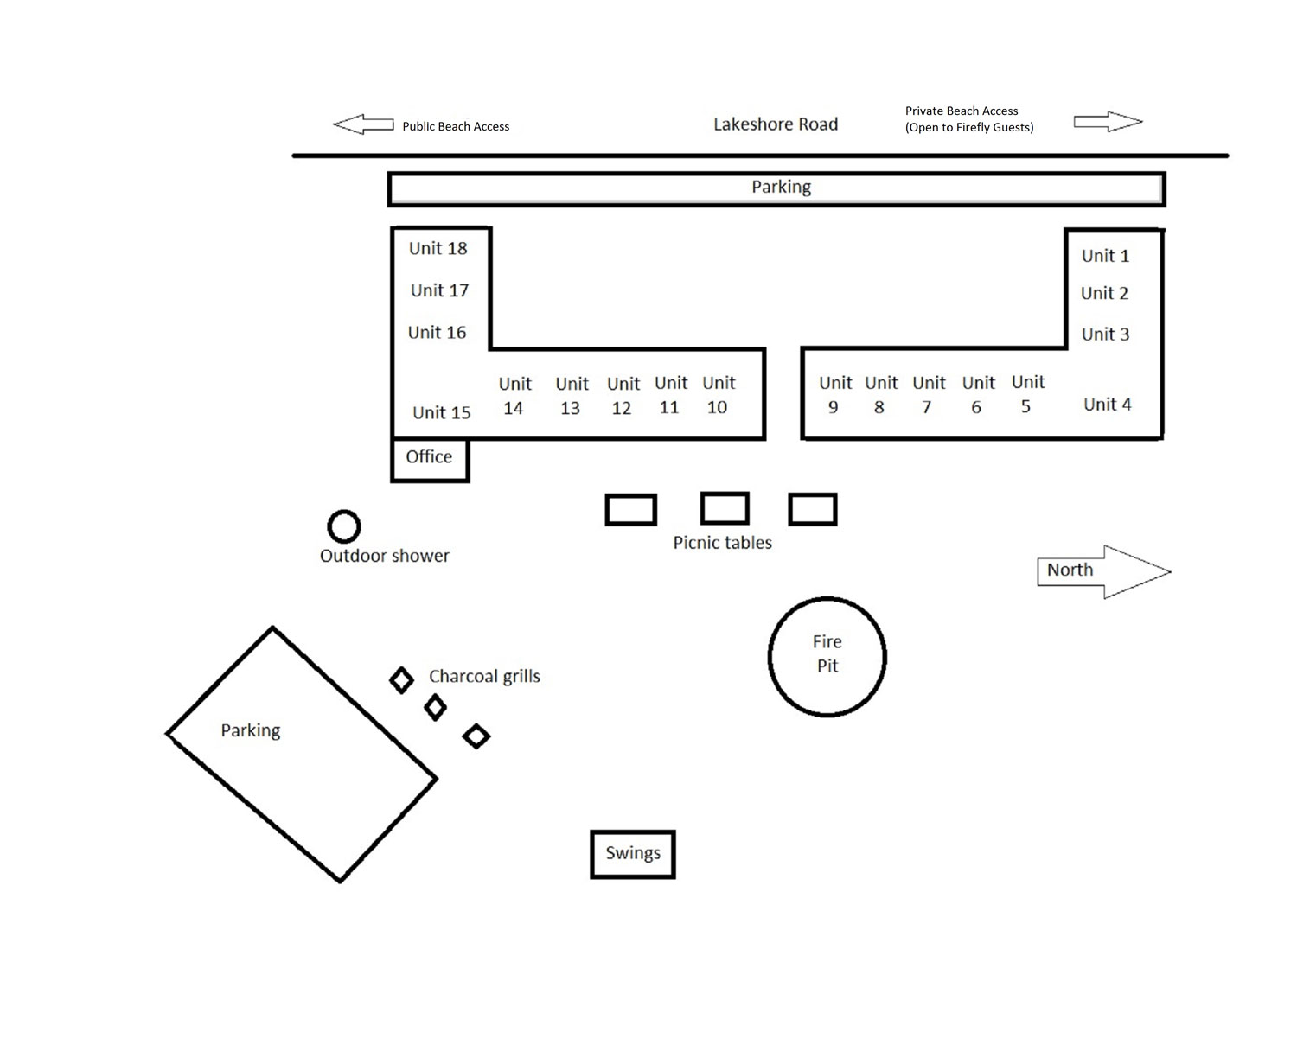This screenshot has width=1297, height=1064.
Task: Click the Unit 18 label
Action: pyautogui.click(x=438, y=248)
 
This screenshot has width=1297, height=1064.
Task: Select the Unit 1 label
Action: pyautogui.click(x=1105, y=256)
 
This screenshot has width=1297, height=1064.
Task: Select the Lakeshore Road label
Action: pyautogui.click(x=776, y=124)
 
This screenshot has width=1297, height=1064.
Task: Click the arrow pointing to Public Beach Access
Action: pyautogui.click(x=363, y=124)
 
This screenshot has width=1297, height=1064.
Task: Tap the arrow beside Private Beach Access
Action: pyautogui.click(x=1108, y=122)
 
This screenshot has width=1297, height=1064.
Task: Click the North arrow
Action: pyautogui.click(x=1104, y=571)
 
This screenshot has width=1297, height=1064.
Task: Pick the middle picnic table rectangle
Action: pyautogui.click(x=725, y=494)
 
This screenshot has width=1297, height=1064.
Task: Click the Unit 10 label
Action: pyautogui.click(x=719, y=395)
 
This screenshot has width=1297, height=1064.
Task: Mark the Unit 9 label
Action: pyautogui.click(x=835, y=395)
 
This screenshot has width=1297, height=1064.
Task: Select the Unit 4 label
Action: pyautogui.click(x=1107, y=405)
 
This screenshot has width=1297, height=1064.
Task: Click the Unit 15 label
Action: pyautogui.click(x=442, y=412)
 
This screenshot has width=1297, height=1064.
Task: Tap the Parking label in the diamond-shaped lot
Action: pyautogui.click(x=250, y=731)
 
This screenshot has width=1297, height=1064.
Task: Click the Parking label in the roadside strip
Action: pyautogui.click(x=781, y=187)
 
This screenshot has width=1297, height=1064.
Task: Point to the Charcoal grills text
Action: pyautogui.click(x=484, y=677)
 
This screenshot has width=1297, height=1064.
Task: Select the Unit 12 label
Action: pyautogui.click(x=623, y=396)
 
